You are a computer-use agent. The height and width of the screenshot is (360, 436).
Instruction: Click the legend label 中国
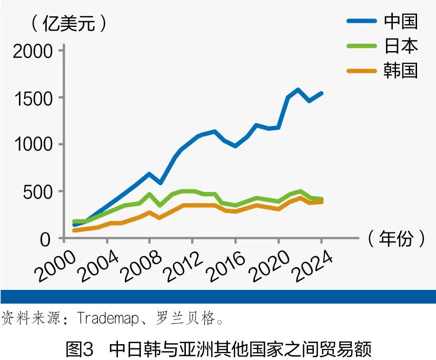(401, 21)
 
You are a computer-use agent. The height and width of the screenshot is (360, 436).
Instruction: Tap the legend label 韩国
(401, 71)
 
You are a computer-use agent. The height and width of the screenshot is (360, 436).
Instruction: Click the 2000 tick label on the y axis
(33, 51)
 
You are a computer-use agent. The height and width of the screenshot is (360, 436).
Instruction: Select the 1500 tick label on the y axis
(33, 98)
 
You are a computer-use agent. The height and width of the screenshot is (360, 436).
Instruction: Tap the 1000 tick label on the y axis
(33, 145)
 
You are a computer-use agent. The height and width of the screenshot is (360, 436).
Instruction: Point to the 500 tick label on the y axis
(38, 192)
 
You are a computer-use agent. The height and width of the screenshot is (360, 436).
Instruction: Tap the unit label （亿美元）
(69, 24)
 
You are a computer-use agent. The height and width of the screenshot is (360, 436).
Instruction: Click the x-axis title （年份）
(395, 239)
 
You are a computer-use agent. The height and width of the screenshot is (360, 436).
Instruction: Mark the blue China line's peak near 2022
(298, 90)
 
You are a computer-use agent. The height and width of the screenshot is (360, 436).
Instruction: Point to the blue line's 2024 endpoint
(321, 93)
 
